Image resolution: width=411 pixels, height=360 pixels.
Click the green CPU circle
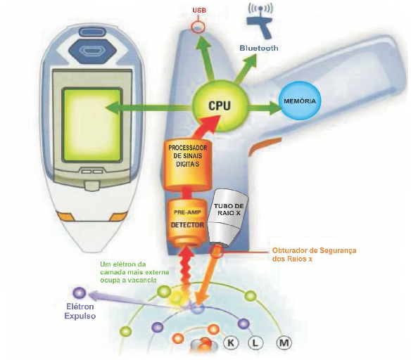click(220, 105)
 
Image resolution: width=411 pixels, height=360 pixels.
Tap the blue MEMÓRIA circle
click(300, 101)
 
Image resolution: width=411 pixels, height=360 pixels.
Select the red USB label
click(199, 11)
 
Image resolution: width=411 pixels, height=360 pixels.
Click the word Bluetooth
click(259, 49)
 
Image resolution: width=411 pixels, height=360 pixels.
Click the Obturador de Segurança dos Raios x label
click(314, 255)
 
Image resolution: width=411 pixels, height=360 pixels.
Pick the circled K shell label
click(231, 342)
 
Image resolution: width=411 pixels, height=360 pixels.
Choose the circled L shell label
click(255, 342)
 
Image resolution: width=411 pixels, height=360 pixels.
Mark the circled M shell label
click(284, 342)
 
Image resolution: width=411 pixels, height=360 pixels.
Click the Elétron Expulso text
click(80, 311)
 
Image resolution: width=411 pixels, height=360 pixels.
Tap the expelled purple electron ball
click(80, 292)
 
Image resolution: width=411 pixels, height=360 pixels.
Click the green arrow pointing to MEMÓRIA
click(263, 107)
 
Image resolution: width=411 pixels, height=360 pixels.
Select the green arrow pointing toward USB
click(205, 58)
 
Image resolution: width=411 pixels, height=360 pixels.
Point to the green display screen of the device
click(92, 125)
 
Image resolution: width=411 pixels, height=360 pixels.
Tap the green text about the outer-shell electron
click(134, 272)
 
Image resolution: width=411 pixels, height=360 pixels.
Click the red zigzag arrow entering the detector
click(186, 273)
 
